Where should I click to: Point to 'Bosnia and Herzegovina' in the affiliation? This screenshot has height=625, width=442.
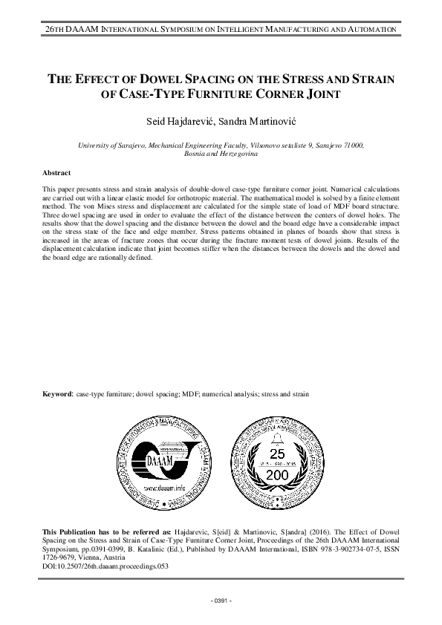(x=221, y=154)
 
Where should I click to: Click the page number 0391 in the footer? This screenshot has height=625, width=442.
(x=221, y=599)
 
